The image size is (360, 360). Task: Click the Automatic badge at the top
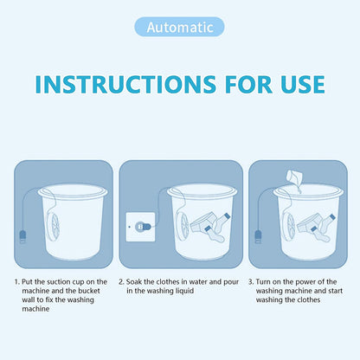coord(179,27)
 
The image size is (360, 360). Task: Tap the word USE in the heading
coord(296,84)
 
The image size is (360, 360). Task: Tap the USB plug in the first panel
coord(22,235)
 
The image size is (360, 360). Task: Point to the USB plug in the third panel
coord(258,235)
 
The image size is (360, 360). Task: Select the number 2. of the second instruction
coord(122,282)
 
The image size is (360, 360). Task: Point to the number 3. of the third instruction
coord(251,282)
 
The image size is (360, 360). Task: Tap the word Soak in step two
coord(138,282)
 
